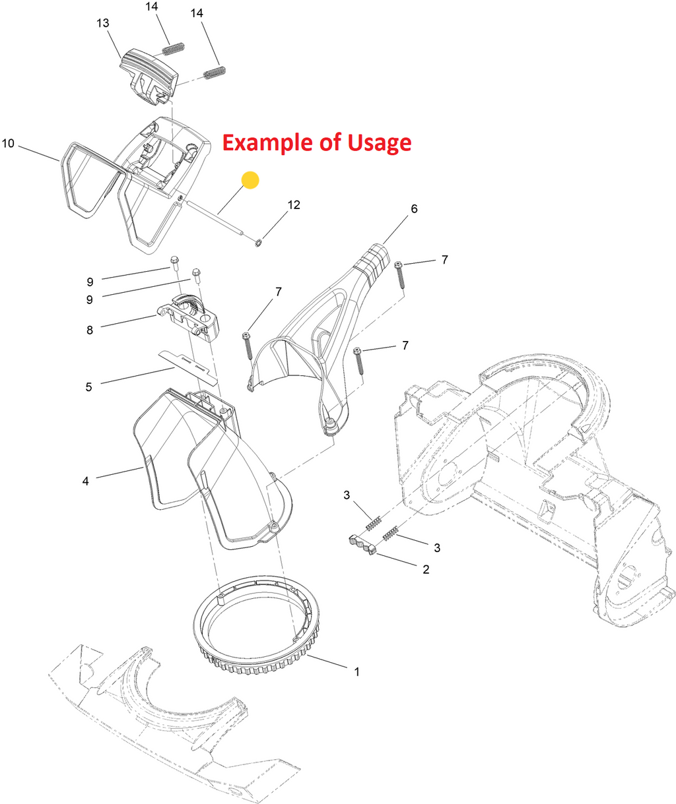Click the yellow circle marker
pos(250,180)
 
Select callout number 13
pos(103,23)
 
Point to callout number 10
pos(8,144)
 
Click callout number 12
pos(294,204)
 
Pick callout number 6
pos(414,208)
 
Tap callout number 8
pos(89,330)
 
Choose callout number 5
pos(88,387)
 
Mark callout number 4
pos(86,481)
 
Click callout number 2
pos(426,569)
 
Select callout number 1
pos(357,672)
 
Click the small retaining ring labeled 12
pos(259,243)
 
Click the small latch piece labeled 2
pos(362,544)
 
